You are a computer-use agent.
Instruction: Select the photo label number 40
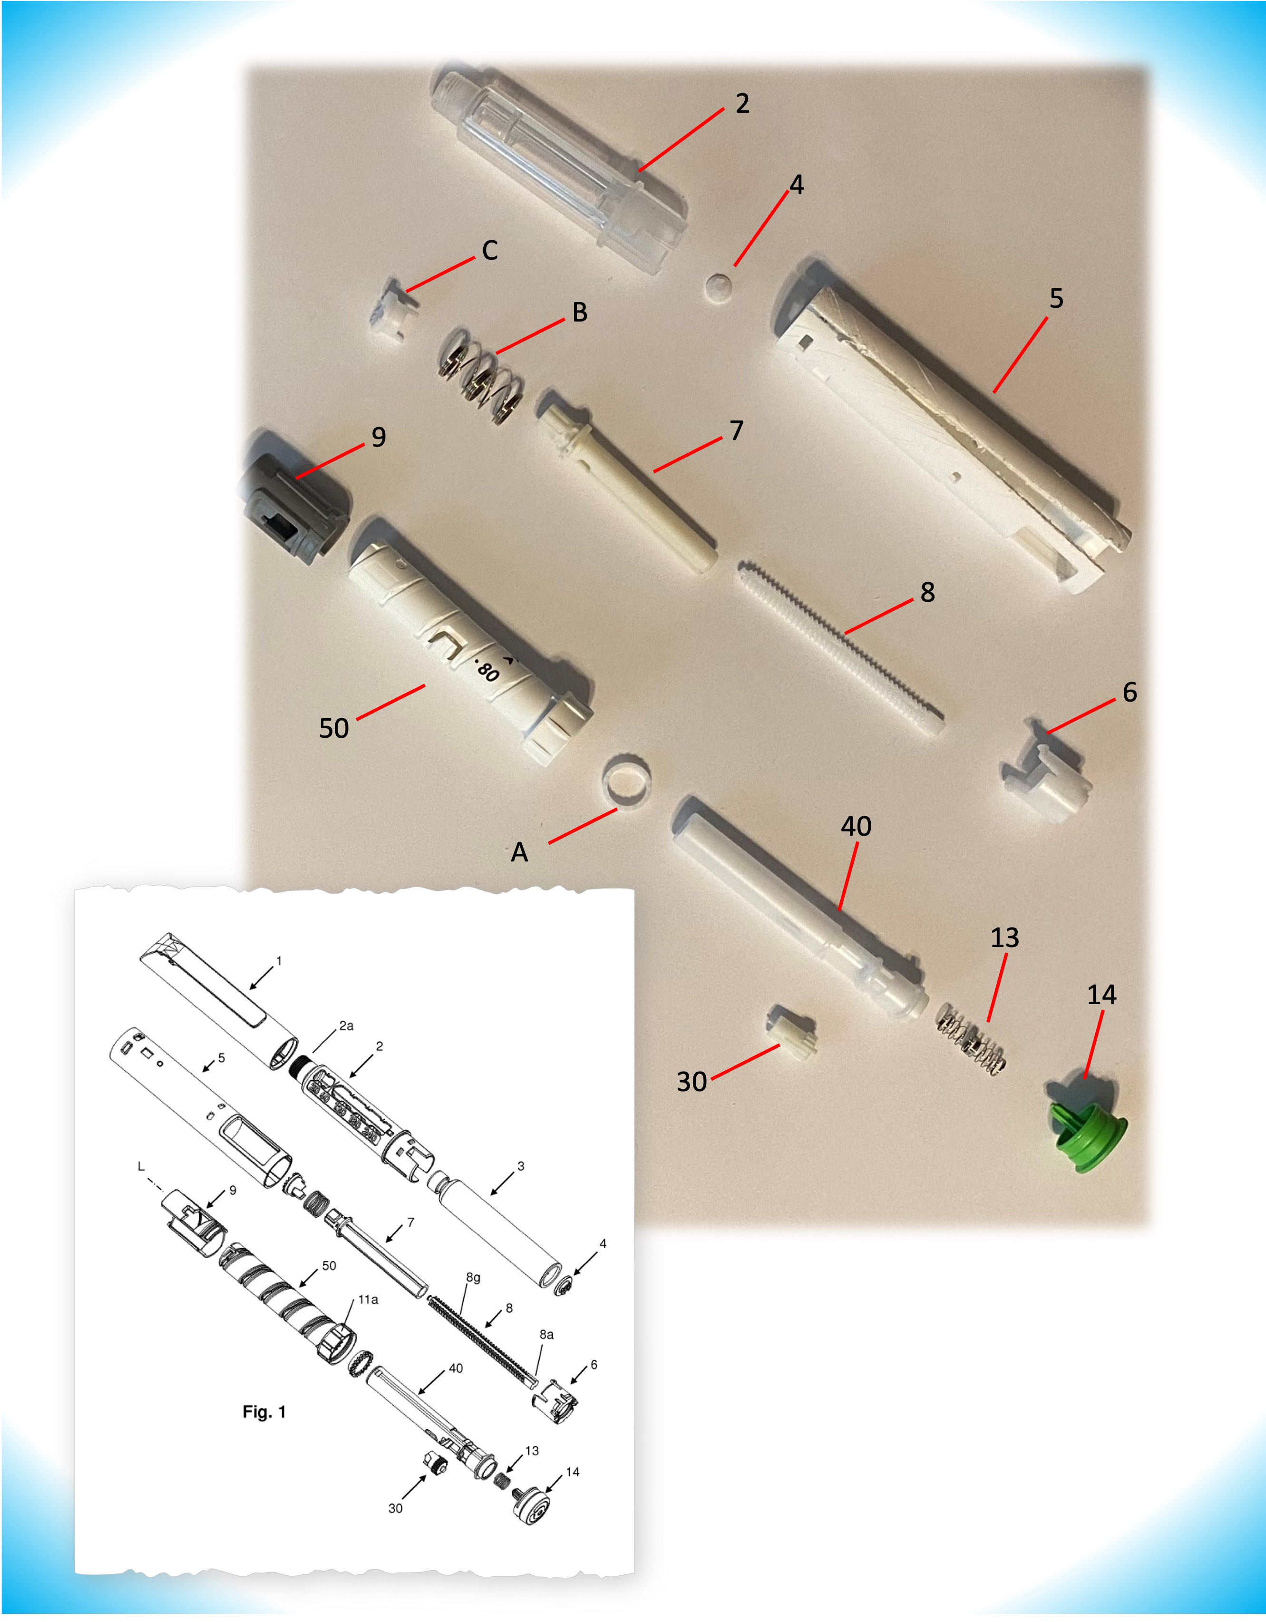(856, 826)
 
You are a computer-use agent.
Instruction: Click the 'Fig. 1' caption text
(263, 1412)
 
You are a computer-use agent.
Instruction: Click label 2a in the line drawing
(346, 1026)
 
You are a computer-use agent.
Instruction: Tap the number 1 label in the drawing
(278, 961)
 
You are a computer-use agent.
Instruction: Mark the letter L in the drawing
(140, 1167)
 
